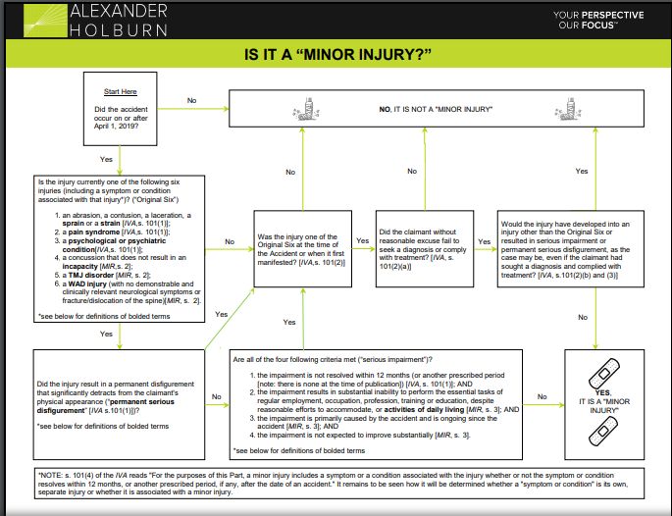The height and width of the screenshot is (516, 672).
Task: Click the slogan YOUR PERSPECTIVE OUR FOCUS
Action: pyautogui.click(x=598, y=20)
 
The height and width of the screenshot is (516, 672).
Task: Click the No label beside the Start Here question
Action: pyautogui.click(x=191, y=99)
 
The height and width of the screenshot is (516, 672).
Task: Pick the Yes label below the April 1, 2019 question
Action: pyautogui.click(x=106, y=158)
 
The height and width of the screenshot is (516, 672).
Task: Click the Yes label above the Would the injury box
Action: pyautogui.click(x=582, y=171)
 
